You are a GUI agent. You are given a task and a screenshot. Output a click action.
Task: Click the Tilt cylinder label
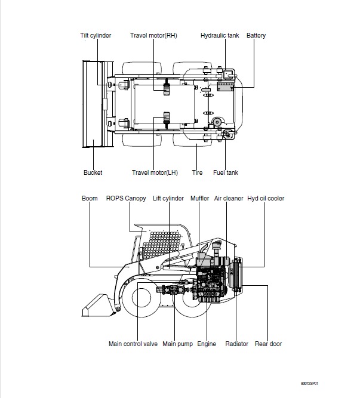pyautogui.click(x=96, y=36)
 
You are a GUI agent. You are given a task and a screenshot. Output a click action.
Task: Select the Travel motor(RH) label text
pyautogui.click(x=153, y=35)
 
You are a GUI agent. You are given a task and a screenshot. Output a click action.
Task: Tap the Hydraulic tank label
pyautogui.click(x=220, y=35)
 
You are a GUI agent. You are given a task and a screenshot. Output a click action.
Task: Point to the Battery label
pyautogui.click(x=256, y=36)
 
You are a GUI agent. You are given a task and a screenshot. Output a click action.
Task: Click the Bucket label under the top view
pyautogui.click(x=93, y=172)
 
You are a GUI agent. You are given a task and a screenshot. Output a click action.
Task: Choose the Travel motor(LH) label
pyautogui.click(x=155, y=172)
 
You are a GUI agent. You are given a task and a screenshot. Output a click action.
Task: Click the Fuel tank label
pyautogui.click(x=226, y=172)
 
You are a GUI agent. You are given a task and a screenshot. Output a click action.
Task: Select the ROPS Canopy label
pyautogui.click(x=126, y=198)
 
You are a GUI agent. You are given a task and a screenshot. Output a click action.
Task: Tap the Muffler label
pyautogui.click(x=199, y=198)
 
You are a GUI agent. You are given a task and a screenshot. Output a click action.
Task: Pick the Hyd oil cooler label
pyautogui.click(x=266, y=198)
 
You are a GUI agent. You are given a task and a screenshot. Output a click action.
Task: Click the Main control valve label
pyautogui.click(x=133, y=344)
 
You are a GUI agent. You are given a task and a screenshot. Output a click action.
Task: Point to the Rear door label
pyautogui.click(x=268, y=344)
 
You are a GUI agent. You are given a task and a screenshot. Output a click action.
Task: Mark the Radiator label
pyautogui.click(x=236, y=344)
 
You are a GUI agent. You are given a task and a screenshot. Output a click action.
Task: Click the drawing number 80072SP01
pyautogui.click(x=309, y=383)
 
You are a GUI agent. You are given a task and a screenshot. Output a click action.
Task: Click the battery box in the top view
pyautogui.click(x=226, y=87)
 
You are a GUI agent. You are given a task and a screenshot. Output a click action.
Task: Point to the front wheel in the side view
pyautogui.click(x=141, y=298)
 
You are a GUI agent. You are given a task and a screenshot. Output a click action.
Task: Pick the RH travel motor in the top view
pyautogui.click(x=167, y=87)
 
